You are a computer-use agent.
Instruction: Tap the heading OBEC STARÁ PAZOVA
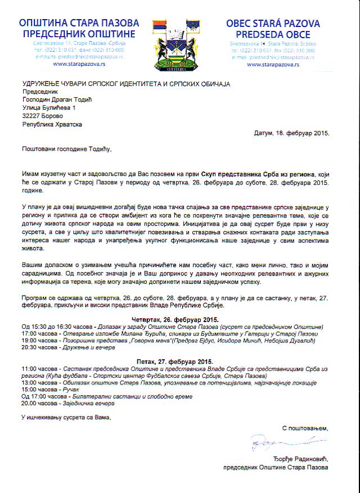(273, 24)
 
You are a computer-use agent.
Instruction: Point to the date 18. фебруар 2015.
(301, 134)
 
